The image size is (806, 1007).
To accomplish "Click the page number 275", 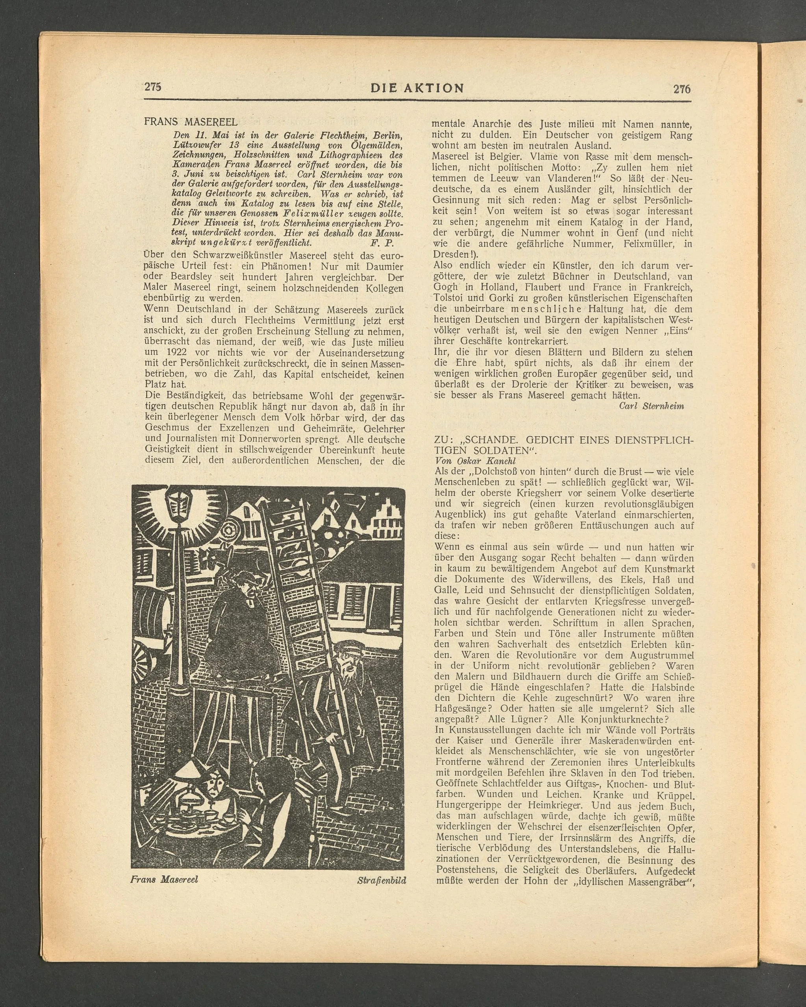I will (x=152, y=87).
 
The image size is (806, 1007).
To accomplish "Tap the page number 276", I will (x=682, y=89).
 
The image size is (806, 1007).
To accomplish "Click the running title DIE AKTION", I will (x=417, y=88).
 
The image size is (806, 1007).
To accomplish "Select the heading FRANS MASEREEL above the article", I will (x=191, y=122).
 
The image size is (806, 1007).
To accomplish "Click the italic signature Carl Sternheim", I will (x=651, y=406).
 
